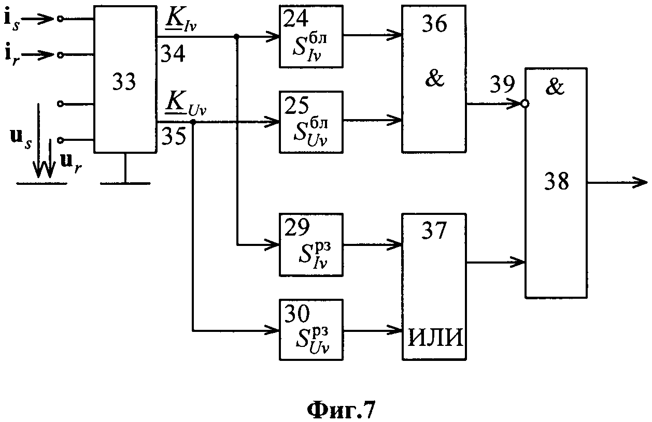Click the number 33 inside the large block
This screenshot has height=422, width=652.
[x=124, y=82]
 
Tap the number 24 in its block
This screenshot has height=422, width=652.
[x=296, y=19]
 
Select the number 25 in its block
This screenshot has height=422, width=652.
[x=296, y=105]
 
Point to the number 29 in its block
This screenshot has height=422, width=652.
[x=297, y=227]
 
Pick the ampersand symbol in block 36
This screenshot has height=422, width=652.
[x=434, y=78]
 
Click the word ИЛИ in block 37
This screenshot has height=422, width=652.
[x=435, y=338]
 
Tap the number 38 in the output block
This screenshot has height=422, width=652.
[x=557, y=181]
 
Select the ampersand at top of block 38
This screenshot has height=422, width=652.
[x=555, y=86]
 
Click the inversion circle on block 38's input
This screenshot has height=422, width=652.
[x=525, y=104]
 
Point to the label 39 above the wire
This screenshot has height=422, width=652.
[x=502, y=84]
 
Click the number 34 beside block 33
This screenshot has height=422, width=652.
[x=173, y=54]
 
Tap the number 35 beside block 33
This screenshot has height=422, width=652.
[x=174, y=136]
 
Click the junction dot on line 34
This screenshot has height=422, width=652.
[x=237, y=36]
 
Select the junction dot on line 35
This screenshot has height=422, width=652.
[x=193, y=122]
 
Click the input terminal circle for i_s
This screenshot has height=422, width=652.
[x=60, y=19]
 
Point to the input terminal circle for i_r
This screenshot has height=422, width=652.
[x=60, y=55]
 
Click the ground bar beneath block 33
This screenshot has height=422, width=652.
[x=125, y=183]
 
